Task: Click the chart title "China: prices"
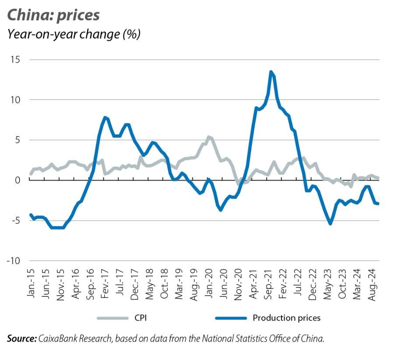point(53,15)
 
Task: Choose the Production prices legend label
point(286,318)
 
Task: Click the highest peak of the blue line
point(271,72)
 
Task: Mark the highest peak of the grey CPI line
point(209,137)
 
